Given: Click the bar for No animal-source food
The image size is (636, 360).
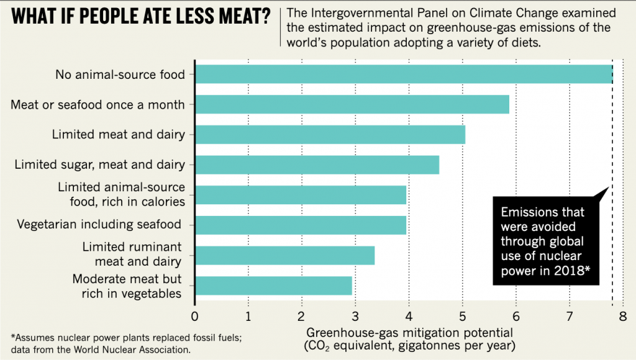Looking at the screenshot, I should (404, 74).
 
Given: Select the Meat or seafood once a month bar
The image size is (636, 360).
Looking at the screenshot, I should (352, 104).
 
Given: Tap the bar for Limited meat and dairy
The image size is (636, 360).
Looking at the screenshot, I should (330, 135).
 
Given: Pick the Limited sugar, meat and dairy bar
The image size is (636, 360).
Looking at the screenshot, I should (317, 164).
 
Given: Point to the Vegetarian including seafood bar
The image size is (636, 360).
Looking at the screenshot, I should (301, 225).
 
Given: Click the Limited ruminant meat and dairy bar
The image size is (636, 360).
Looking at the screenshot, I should (284, 255).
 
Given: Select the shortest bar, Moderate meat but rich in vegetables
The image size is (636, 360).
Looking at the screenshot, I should (273, 286).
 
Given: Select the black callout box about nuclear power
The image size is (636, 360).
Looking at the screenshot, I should (545, 241).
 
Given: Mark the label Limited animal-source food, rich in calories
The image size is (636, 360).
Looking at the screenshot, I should (121, 194).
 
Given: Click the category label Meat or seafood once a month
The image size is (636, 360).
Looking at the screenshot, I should (98, 104).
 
